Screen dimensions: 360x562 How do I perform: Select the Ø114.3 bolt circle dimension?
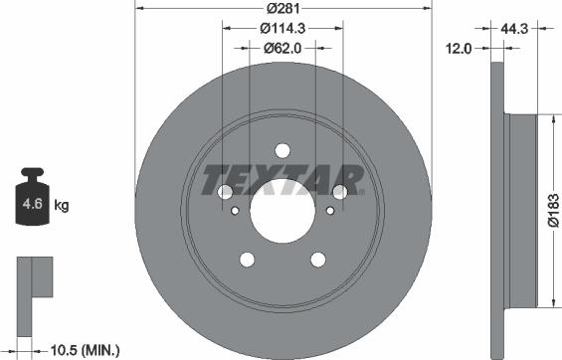[282, 30]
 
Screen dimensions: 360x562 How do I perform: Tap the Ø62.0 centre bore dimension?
[282, 47]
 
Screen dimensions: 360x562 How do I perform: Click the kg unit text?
[62, 206]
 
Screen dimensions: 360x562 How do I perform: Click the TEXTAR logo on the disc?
[283, 181]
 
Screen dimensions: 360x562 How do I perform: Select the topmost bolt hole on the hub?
[282, 150]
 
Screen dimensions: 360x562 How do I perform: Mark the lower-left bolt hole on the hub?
[246, 260]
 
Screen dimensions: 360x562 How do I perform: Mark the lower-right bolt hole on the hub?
[318, 260]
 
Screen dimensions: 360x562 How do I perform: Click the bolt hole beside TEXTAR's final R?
[340, 191]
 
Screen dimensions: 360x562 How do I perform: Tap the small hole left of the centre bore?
[235, 210]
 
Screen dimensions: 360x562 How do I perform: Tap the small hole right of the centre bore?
[329, 210]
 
